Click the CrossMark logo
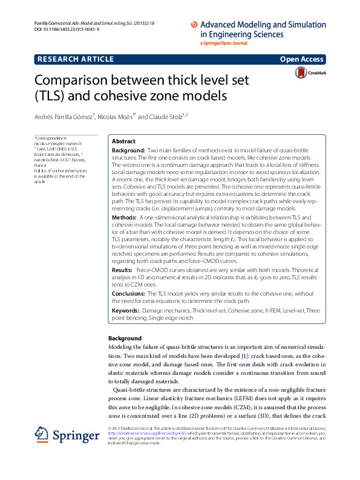[x=309, y=73]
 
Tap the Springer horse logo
[x=41, y=435]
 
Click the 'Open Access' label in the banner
[x=303, y=59]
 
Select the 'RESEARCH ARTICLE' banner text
[x=75, y=59]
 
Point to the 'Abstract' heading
[x=124, y=140]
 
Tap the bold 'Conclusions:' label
[x=129, y=293]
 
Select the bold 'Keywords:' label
[x=126, y=310]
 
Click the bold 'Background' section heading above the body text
[x=125, y=338]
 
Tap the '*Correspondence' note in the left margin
[x=51, y=138]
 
